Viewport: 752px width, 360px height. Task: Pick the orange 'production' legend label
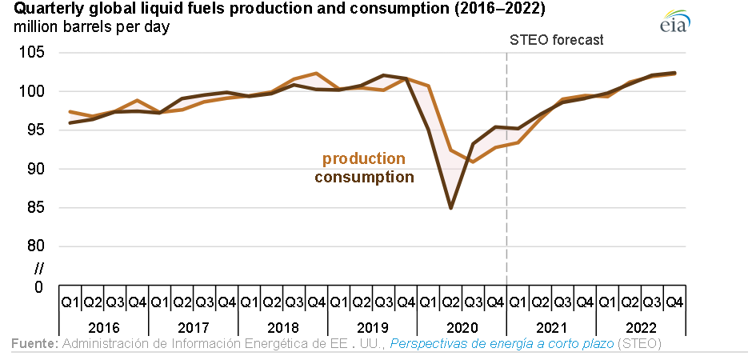click(x=363, y=159)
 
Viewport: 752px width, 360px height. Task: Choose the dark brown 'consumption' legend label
click(x=364, y=177)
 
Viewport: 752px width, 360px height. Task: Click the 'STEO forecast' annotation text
click(x=557, y=40)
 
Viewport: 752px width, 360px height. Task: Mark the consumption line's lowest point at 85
click(x=451, y=208)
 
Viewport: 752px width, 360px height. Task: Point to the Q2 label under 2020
click(x=451, y=302)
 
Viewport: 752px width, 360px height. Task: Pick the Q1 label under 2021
click(x=518, y=302)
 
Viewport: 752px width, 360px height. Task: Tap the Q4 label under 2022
click(x=674, y=302)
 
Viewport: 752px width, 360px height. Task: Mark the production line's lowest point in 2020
click(x=474, y=162)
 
